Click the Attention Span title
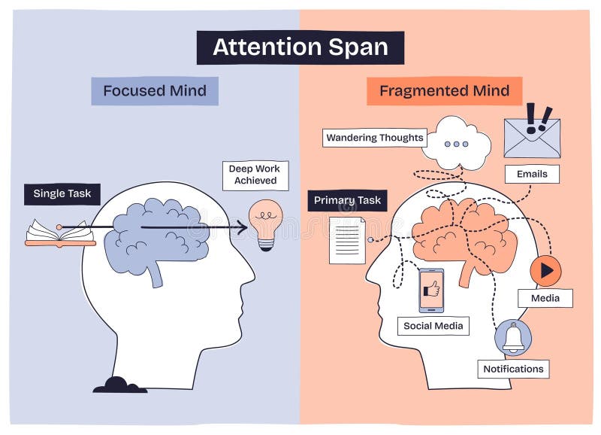300,47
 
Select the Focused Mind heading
155,91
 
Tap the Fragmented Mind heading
444,91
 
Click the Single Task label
62,193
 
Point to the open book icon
60,233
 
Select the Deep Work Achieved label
255,175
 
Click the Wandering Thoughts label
375,138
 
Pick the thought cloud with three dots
456,143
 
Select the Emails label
532,174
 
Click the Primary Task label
347,200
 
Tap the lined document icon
347,240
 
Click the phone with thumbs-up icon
431,290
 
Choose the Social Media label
433,326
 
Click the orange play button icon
545,270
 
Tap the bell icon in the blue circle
513,337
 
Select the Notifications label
513,369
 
